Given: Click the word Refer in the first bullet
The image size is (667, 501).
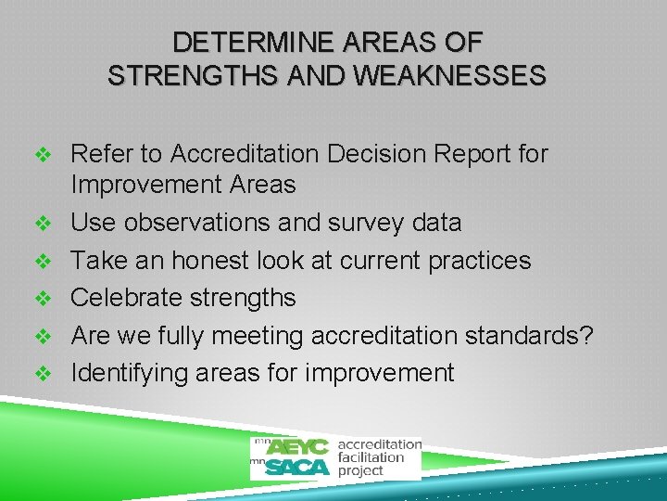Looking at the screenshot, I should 99,153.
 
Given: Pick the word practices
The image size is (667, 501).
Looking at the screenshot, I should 480,261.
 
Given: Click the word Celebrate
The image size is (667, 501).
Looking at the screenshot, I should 126,298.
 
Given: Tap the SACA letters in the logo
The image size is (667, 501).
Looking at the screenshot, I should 297,467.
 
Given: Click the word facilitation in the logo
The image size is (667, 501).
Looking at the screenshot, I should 371,457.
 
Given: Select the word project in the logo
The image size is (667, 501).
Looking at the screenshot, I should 360,470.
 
